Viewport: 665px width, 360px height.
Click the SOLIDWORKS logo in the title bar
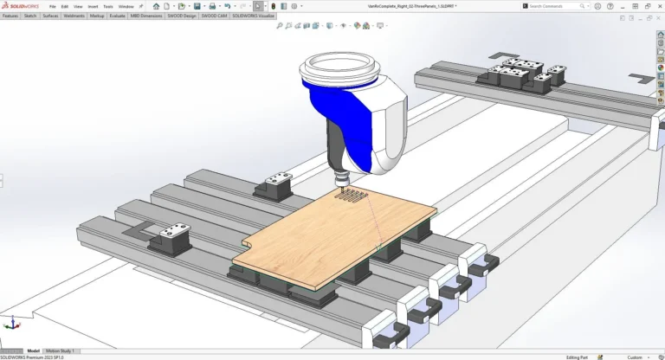coord(20,6)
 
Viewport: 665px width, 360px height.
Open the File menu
coord(53,6)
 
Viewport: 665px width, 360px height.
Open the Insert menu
coord(93,6)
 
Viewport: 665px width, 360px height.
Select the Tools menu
coord(108,6)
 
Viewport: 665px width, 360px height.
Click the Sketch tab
coord(30,16)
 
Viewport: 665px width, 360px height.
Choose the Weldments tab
coord(74,16)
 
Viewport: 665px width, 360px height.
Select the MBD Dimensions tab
coord(146,16)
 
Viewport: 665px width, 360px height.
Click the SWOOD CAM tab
coord(214,16)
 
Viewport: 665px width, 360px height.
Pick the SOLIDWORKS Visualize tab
coord(253,16)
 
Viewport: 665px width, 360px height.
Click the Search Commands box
coord(558,6)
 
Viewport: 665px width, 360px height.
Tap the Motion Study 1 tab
coord(61,350)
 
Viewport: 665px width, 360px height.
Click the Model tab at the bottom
coord(34,350)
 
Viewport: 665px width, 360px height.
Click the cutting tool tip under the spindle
coord(340,187)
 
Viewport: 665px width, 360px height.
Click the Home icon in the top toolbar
coord(156,6)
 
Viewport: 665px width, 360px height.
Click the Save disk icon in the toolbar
coord(198,6)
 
